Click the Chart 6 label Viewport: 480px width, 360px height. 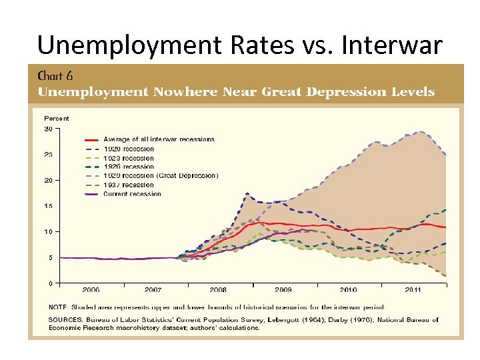click(x=55, y=75)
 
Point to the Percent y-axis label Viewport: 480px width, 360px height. click(x=56, y=119)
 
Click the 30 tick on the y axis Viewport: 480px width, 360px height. click(x=49, y=129)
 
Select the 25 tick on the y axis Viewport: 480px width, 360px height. click(x=49, y=155)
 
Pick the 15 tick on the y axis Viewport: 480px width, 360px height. click(x=49, y=206)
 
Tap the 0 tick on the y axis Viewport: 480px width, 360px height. click(x=51, y=283)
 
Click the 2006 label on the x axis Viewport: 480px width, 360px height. click(x=91, y=290)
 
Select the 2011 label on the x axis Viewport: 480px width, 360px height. click(x=413, y=290)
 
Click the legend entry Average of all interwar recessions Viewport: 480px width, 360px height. click(x=159, y=139)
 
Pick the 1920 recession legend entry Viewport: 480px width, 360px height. click(x=129, y=149)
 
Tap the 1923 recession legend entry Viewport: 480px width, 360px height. click(x=129, y=158)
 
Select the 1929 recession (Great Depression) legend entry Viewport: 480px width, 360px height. click(x=161, y=176)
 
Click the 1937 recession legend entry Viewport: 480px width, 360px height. click(x=129, y=185)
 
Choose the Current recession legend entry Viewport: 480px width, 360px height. click(x=132, y=194)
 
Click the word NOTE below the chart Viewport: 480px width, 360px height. click(x=57, y=307)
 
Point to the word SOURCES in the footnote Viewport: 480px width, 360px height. click(x=64, y=320)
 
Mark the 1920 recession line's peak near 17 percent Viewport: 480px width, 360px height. click(x=247, y=194)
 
